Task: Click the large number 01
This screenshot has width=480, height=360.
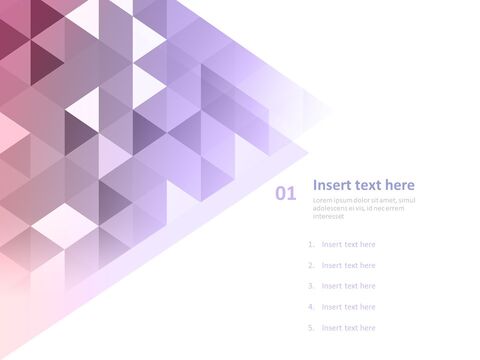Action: (286, 194)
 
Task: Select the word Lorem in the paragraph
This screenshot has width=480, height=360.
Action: (322, 201)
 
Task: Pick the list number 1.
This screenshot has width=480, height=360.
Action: (311, 244)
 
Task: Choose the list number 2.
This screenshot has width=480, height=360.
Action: (311, 265)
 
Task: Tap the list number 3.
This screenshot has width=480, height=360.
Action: (311, 286)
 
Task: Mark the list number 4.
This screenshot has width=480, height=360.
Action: (311, 307)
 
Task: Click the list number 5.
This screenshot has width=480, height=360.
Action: (311, 328)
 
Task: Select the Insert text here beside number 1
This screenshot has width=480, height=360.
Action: (348, 244)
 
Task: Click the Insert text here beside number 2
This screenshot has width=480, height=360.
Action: (348, 265)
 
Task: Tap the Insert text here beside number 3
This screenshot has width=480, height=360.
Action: (348, 286)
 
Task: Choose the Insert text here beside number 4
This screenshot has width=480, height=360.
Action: (348, 307)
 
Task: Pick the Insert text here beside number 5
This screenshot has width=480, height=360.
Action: (348, 328)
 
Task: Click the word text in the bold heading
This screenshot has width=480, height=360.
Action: (367, 185)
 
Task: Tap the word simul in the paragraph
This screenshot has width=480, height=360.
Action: (407, 201)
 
